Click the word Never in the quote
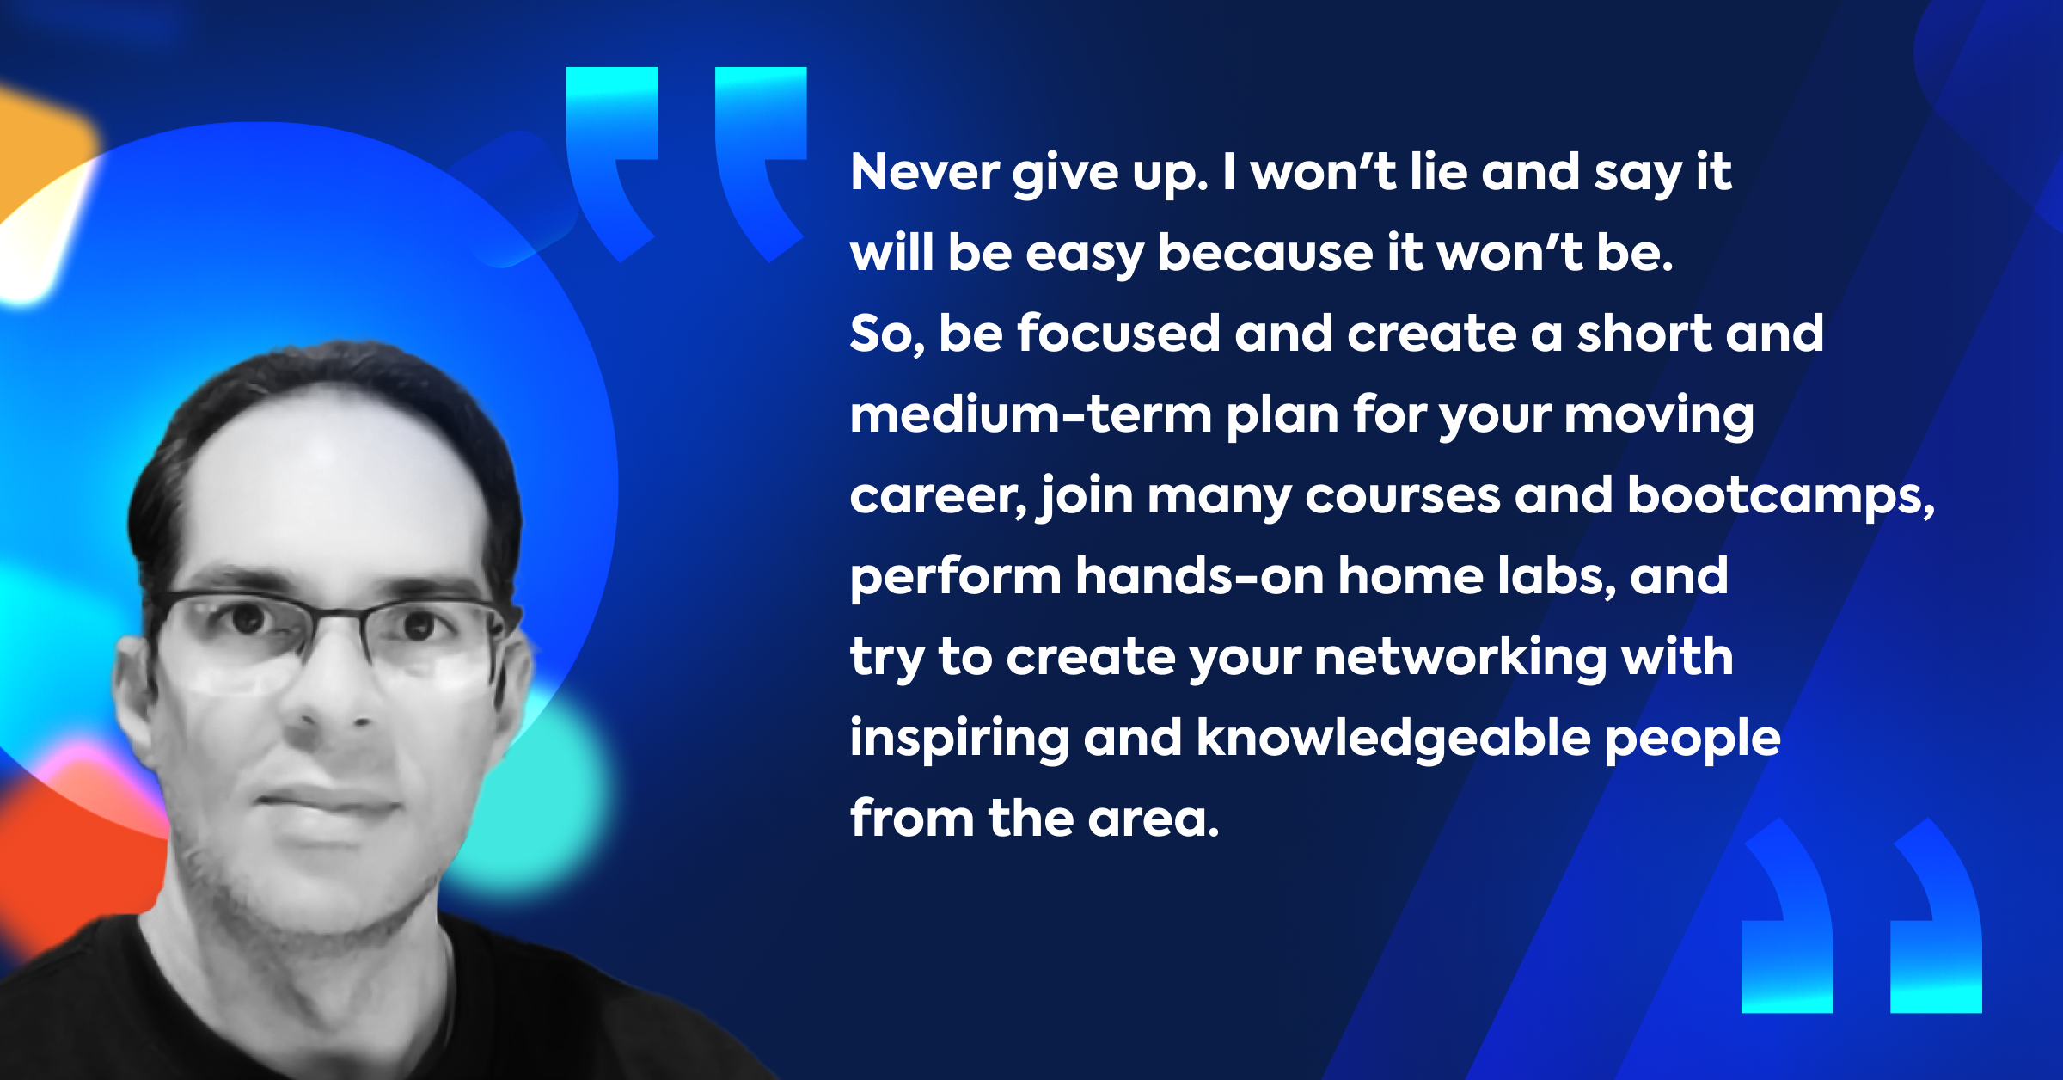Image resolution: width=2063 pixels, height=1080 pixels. (x=924, y=172)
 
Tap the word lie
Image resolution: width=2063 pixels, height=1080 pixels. (x=1439, y=171)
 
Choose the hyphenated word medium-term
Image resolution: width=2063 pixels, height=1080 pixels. (x=1031, y=414)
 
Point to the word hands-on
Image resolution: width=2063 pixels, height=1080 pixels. (x=1199, y=576)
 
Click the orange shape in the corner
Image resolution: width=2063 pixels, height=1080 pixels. (x=39, y=150)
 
